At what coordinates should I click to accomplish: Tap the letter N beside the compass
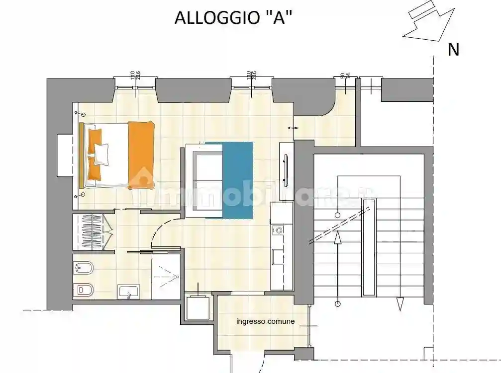[x=453, y=50]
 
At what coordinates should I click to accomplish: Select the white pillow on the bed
[x=101, y=154]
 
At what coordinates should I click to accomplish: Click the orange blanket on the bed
[x=141, y=154]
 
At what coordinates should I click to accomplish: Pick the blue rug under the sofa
[x=237, y=180]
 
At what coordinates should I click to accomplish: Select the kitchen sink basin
[x=277, y=255]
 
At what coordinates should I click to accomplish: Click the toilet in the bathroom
[x=83, y=289]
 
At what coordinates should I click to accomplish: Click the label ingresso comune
[x=265, y=321]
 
